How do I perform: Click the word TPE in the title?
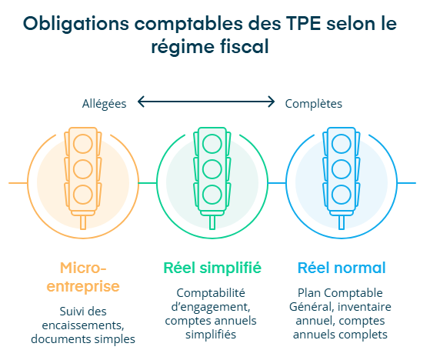tap(303, 23)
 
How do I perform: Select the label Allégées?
tap(104, 104)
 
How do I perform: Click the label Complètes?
tap(313, 104)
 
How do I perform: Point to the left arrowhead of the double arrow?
tap(141, 102)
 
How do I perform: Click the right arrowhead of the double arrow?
tap(271, 102)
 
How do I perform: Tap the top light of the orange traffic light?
tap(83, 144)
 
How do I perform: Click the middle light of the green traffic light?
tap(212, 169)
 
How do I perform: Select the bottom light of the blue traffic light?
tap(341, 195)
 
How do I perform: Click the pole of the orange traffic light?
tap(83, 222)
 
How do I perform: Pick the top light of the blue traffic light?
tap(341, 144)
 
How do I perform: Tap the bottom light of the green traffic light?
tap(212, 195)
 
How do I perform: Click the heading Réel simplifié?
tap(212, 268)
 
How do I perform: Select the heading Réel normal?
tap(342, 268)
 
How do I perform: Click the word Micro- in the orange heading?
tap(83, 268)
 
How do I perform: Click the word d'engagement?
tap(211, 307)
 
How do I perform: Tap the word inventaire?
tap(364, 306)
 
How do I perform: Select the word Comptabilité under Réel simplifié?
tap(211, 293)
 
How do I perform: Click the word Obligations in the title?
tap(76, 24)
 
